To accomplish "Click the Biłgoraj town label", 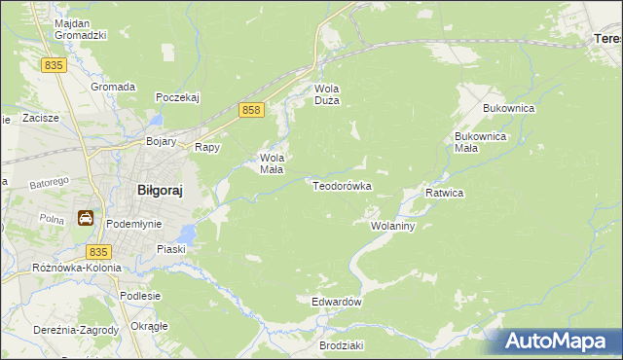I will [x=156, y=191].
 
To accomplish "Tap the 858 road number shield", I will [x=251, y=111].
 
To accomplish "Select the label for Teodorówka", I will [x=342, y=185].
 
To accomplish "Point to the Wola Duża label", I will [x=326, y=93].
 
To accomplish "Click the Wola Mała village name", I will [x=272, y=162].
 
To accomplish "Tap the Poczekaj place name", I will [x=177, y=97].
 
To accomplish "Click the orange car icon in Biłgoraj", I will [x=86, y=218].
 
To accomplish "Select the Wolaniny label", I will [x=393, y=226].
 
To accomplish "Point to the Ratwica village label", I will [x=444, y=193].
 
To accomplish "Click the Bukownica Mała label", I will [x=481, y=142].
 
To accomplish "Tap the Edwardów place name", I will [x=337, y=303].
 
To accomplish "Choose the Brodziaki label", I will [x=341, y=345].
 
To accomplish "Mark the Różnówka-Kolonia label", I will [x=63, y=268].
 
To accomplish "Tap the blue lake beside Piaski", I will [x=189, y=234].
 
